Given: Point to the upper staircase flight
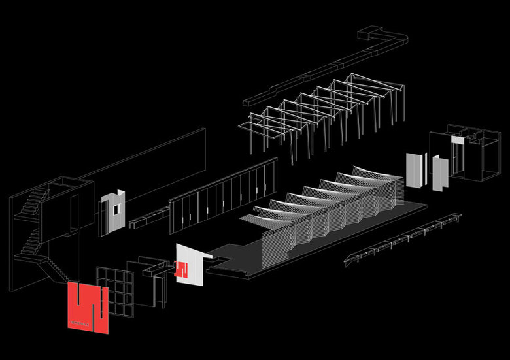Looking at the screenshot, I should point(33,202).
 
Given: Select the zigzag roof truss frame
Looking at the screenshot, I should point(314,114).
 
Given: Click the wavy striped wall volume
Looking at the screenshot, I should point(327,209).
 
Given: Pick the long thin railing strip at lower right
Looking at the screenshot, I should point(402,239).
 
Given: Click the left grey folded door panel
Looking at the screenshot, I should point(415,170).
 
